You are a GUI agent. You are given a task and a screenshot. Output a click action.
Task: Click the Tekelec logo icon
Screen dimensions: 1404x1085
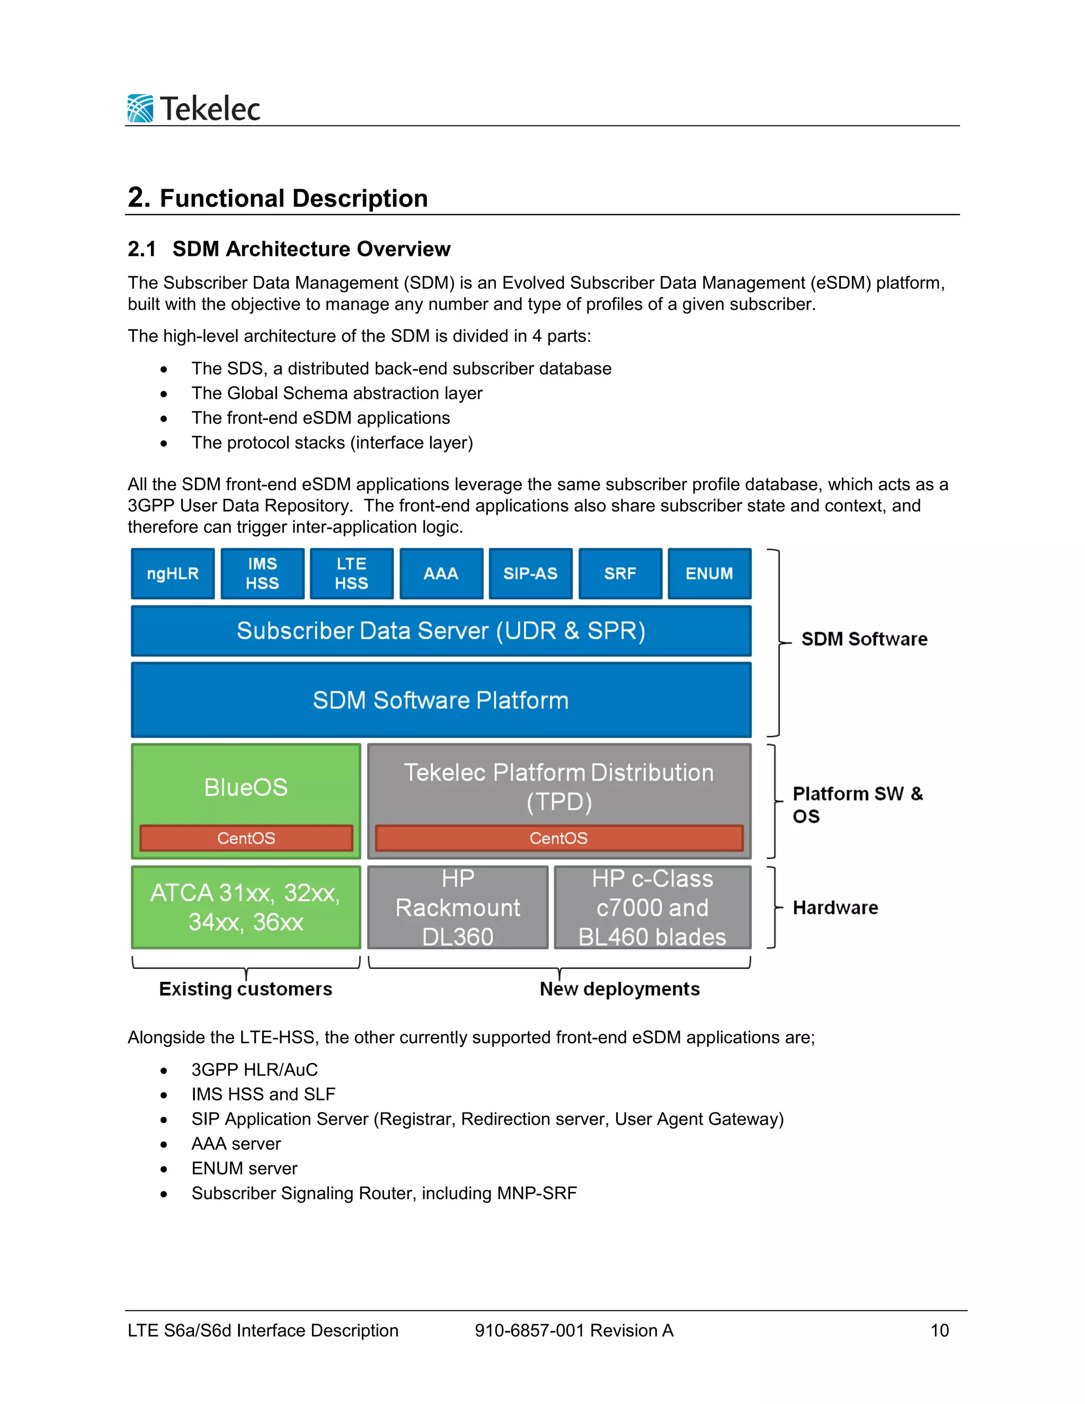(140, 108)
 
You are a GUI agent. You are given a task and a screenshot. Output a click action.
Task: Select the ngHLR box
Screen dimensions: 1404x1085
(172, 573)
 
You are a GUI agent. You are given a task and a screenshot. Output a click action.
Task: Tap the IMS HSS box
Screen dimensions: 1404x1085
(262, 573)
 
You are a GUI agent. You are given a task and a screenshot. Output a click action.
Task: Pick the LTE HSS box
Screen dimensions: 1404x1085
(352, 573)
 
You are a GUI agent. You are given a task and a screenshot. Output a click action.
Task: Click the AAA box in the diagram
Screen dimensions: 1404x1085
(441, 573)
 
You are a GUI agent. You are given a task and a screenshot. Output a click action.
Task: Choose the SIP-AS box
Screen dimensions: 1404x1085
(530, 573)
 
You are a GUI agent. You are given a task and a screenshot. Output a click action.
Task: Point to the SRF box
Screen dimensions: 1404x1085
(620, 573)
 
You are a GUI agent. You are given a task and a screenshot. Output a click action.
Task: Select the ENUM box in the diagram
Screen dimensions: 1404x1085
(709, 573)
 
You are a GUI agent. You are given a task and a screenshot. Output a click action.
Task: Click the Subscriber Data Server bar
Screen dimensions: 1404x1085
(441, 630)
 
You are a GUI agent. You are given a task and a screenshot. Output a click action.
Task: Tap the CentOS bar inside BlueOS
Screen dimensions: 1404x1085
(246, 838)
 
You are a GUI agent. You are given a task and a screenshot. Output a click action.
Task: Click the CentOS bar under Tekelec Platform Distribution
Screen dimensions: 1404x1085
(558, 838)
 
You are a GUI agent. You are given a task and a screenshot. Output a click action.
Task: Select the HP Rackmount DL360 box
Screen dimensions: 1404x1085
(458, 907)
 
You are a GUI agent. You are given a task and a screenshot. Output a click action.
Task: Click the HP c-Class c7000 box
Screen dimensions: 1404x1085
(652, 907)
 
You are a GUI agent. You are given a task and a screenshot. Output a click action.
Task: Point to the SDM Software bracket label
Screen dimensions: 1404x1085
(864, 639)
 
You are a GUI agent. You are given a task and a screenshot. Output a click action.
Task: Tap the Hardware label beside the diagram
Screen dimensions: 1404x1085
(835, 907)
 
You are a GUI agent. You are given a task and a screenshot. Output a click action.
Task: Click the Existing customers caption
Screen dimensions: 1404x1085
(245, 989)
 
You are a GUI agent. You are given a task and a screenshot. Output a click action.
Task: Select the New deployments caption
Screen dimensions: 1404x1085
(620, 989)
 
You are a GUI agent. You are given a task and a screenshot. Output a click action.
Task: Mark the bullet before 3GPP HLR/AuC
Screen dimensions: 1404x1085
(164, 1070)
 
